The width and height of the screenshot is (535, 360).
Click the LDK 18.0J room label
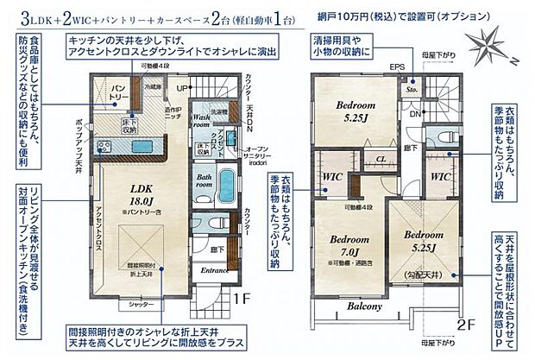tap(143, 196)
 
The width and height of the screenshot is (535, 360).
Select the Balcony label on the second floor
tap(365, 306)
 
